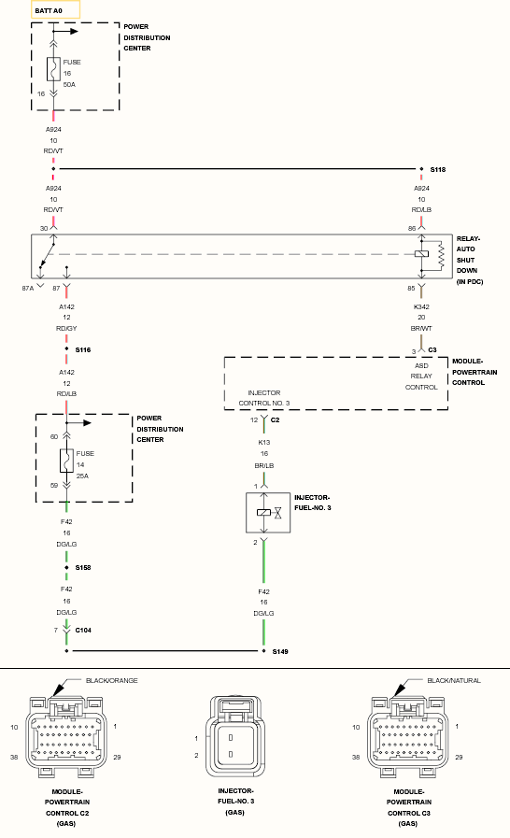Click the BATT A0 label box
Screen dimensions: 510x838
coord(56,10)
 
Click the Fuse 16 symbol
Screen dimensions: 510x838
coord(53,69)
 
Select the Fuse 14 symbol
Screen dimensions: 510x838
coord(66,461)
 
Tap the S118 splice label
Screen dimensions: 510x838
coord(438,169)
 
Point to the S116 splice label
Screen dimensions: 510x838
coord(83,350)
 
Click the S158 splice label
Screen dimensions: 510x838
coord(83,568)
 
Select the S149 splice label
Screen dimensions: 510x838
coord(280,651)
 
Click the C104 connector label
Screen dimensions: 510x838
coord(83,630)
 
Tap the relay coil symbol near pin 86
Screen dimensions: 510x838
coord(422,253)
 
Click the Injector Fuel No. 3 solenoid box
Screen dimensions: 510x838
coord(268,513)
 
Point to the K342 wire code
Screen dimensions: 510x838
coord(421,306)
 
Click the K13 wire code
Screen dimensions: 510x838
coord(264,443)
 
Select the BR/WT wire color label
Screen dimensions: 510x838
coord(421,328)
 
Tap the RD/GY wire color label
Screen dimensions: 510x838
coord(66,328)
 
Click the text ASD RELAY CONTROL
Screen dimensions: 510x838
coord(421,376)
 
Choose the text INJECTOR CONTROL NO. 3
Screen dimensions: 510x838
coord(264,398)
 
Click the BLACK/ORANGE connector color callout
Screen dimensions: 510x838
coord(112,680)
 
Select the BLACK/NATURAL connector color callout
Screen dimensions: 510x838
coord(454,680)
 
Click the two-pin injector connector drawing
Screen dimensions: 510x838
coord(235,737)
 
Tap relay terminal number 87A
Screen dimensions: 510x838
coord(27,288)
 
